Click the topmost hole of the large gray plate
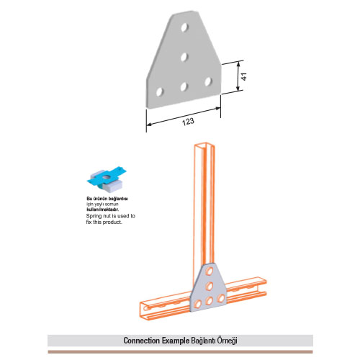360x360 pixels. (x=184, y=27)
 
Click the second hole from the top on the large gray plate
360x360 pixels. (x=184, y=58)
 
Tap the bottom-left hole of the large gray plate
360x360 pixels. (x=160, y=92)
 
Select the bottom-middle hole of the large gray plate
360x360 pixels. (x=184, y=86)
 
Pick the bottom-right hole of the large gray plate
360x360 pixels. (x=208, y=81)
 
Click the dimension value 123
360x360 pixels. (x=188, y=122)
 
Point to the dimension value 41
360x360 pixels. (x=243, y=77)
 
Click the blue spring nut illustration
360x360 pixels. (x=107, y=179)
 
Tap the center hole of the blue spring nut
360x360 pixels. (x=107, y=177)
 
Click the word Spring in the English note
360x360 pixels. (x=93, y=216)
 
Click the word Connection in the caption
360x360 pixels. (x=142, y=341)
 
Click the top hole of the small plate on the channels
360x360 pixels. (x=210, y=271)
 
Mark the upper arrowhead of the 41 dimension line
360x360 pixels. (x=238, y=64)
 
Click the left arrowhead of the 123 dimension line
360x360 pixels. (x=149, y=125)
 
